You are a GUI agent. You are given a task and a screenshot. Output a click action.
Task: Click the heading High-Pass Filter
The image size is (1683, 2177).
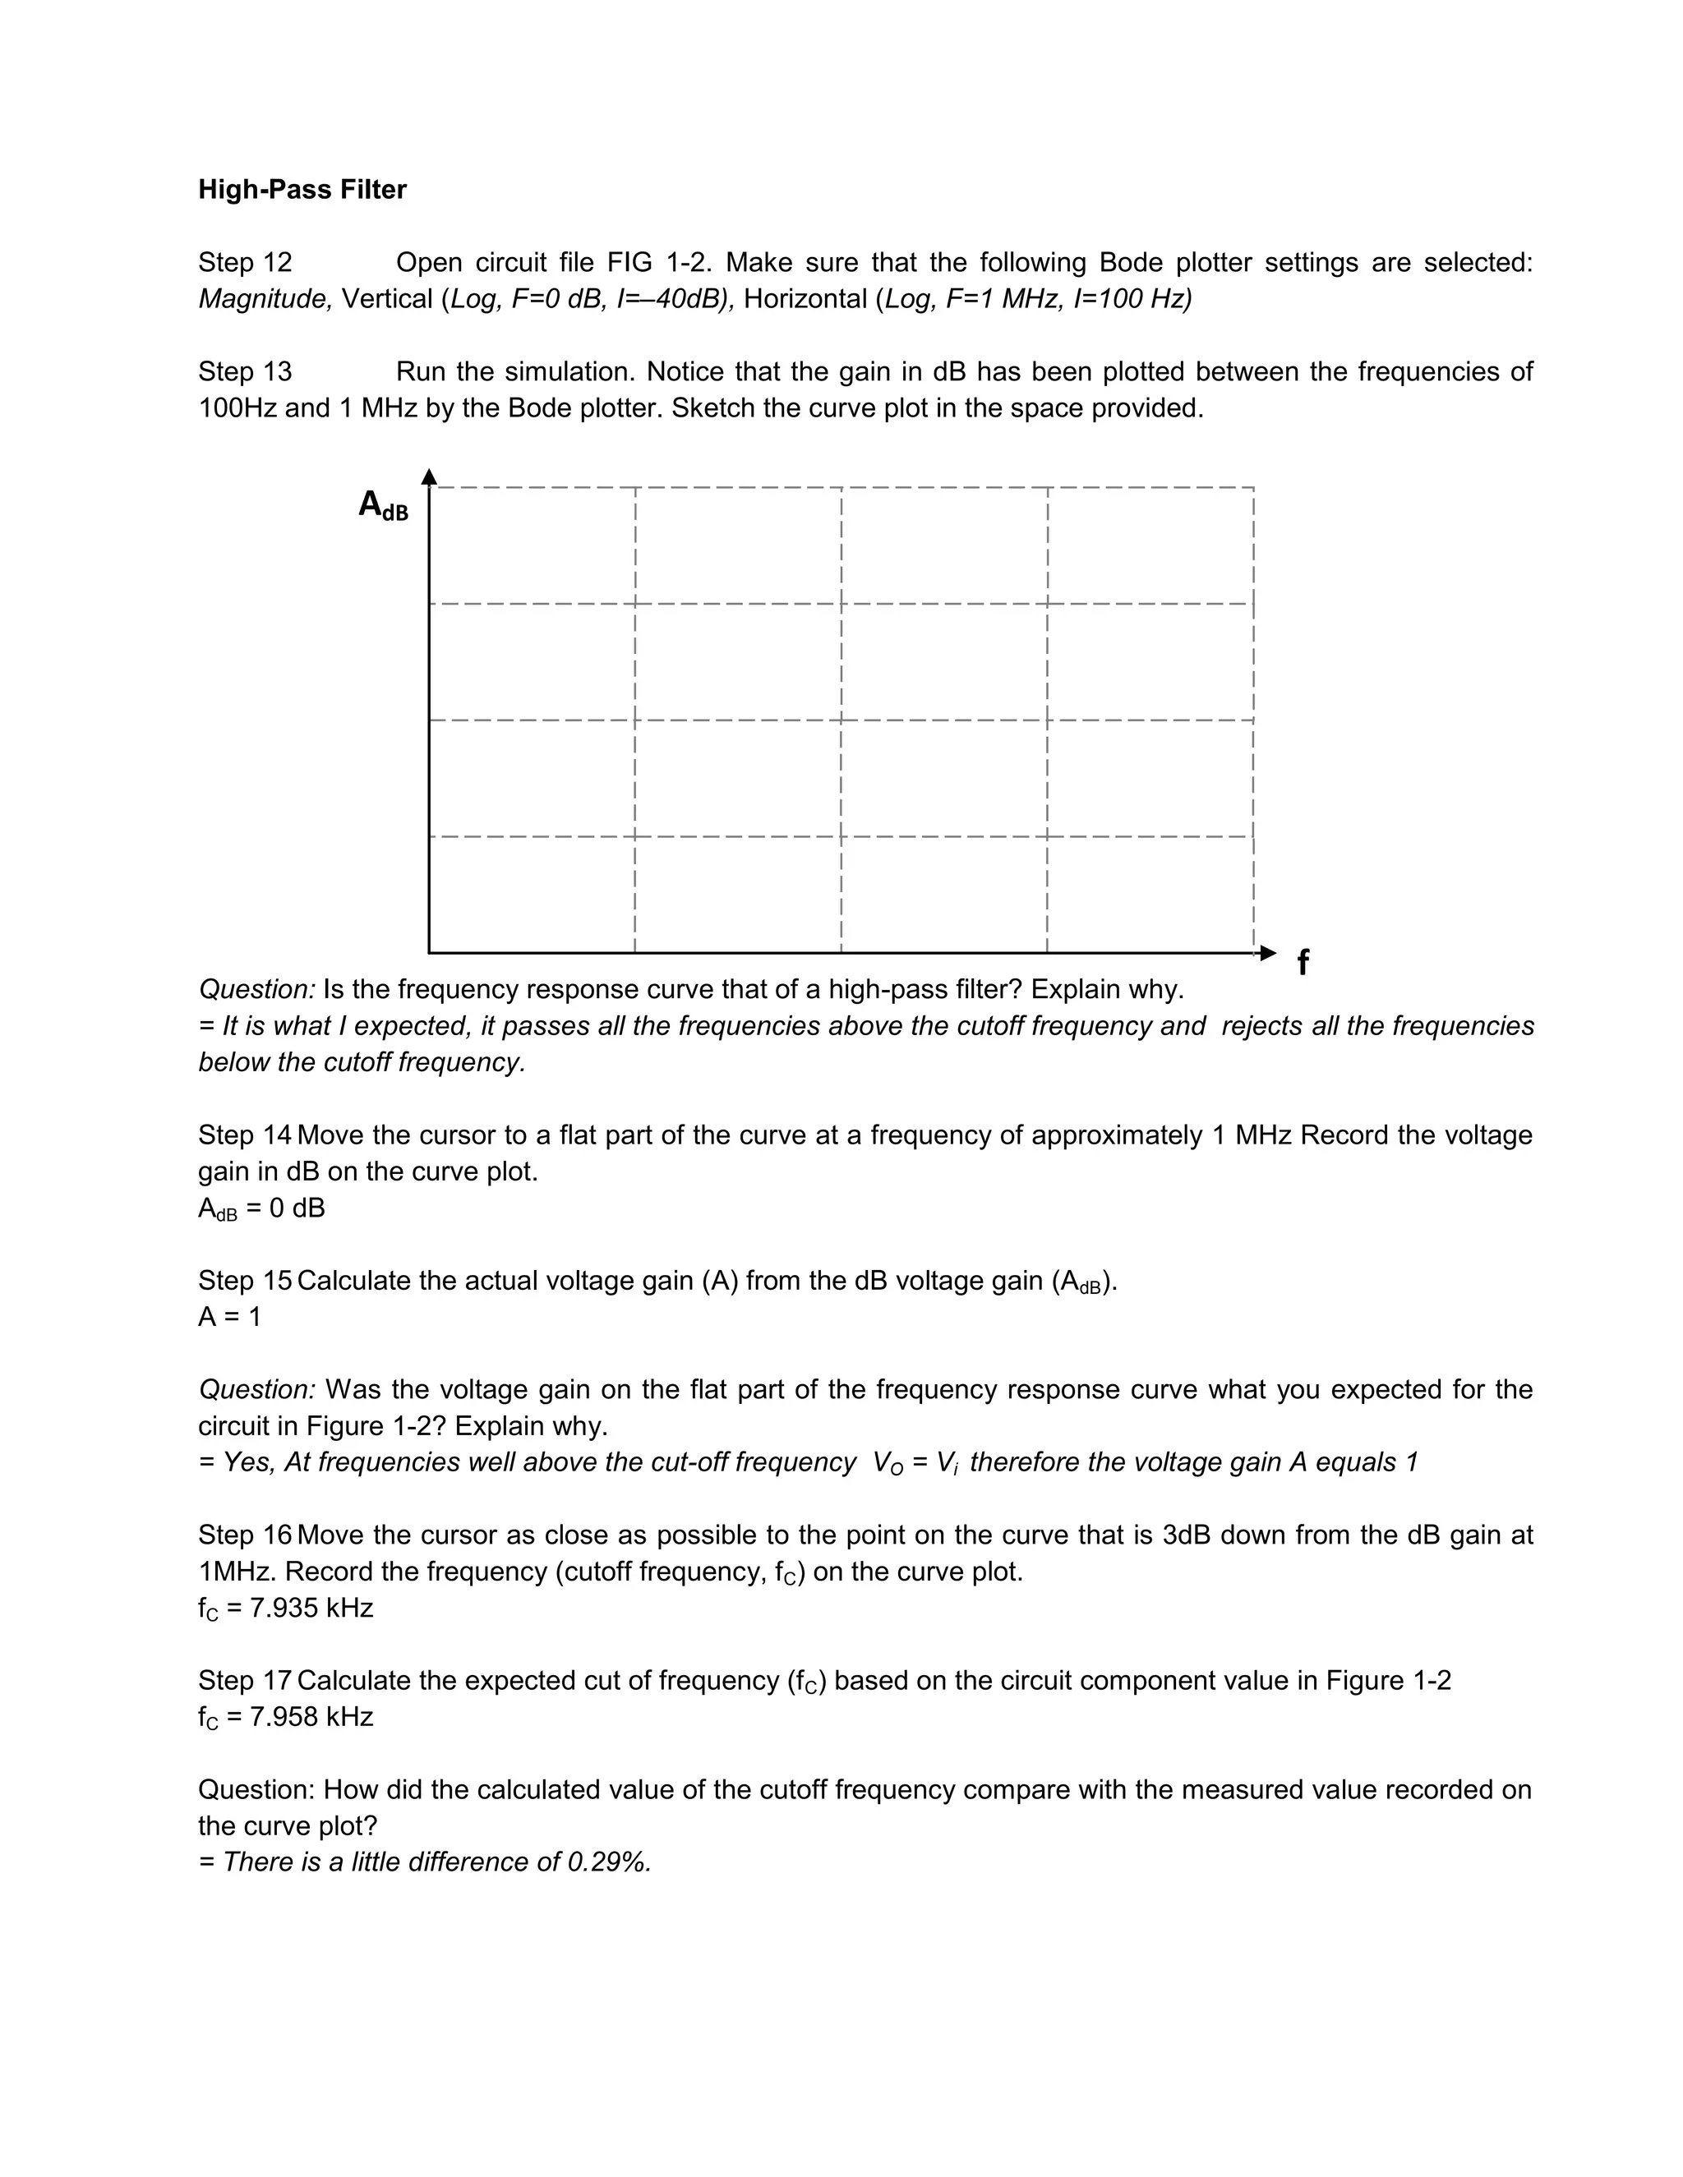pos(302,190)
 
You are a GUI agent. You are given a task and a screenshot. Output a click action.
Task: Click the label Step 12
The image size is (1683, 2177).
pos(244,262)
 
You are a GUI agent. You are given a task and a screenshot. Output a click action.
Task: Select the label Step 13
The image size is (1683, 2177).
pos(244,372)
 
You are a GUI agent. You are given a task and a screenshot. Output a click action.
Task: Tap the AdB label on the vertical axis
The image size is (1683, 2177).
pos(383,505)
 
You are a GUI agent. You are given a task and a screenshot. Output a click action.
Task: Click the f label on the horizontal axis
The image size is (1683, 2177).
pos(1303,962)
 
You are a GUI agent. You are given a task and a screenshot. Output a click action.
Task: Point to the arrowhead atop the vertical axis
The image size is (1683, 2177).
pos(429,476)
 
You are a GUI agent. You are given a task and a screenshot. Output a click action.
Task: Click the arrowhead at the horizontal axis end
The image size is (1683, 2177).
pos(1267,953)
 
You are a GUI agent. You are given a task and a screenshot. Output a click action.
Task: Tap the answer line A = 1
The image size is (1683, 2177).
pos(229,1317)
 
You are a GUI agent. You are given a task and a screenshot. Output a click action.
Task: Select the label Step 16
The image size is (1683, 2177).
pos(244,1535)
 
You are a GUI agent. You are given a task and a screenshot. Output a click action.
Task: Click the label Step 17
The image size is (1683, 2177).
pos(244,1681)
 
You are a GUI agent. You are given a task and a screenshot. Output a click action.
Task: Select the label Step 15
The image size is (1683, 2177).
pos(244,1281)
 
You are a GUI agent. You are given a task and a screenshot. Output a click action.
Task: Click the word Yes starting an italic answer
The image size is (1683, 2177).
pos(247,1462)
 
